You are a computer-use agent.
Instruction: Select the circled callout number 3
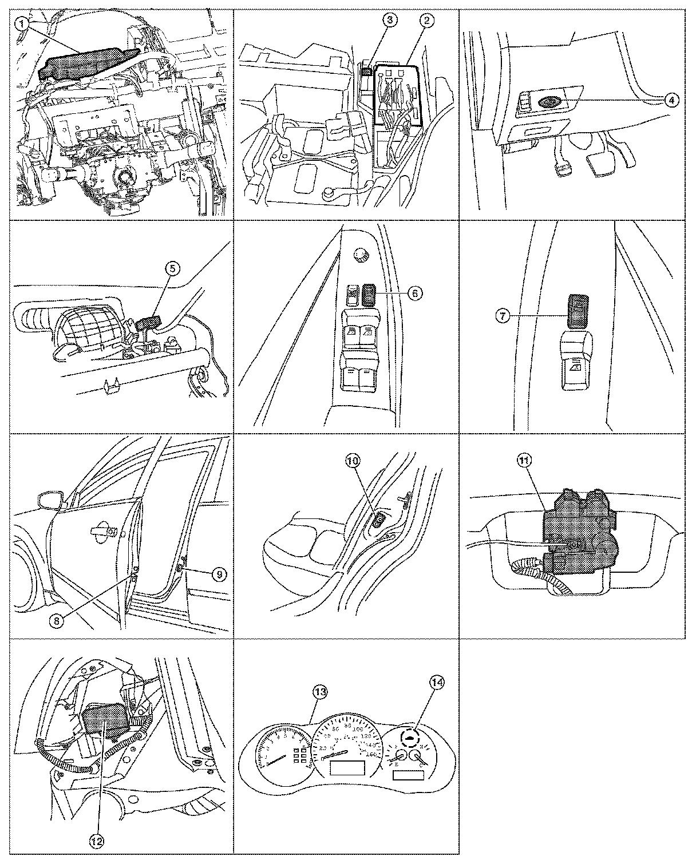(389, 20)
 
